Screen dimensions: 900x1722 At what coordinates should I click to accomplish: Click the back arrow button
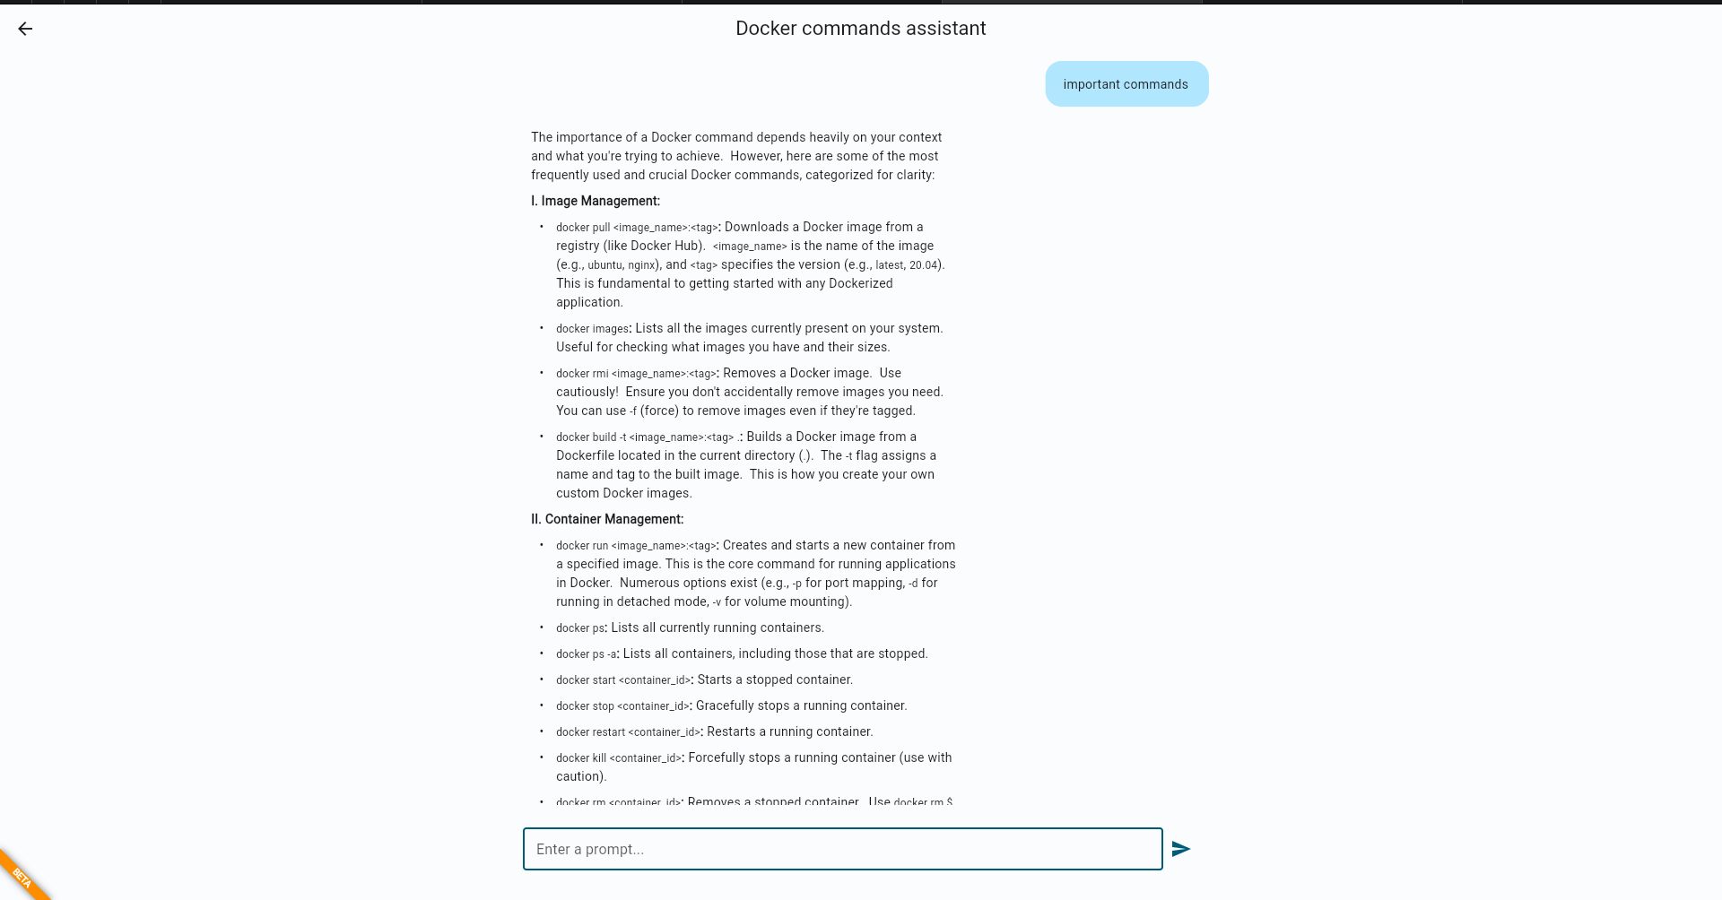25,29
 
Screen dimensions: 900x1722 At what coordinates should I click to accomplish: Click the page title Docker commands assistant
860,29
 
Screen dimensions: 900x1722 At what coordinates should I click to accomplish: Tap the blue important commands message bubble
1126,84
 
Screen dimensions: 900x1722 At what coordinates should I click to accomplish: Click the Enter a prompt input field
842,849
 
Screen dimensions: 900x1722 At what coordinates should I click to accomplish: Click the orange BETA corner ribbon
22,877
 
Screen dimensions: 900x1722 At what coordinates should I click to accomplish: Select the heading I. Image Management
595,201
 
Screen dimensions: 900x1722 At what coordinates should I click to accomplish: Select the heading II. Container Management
606,519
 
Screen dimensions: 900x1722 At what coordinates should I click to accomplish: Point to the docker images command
592,329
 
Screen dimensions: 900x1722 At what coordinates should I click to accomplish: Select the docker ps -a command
586,654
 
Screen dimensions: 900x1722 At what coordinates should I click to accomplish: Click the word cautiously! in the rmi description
587,392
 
